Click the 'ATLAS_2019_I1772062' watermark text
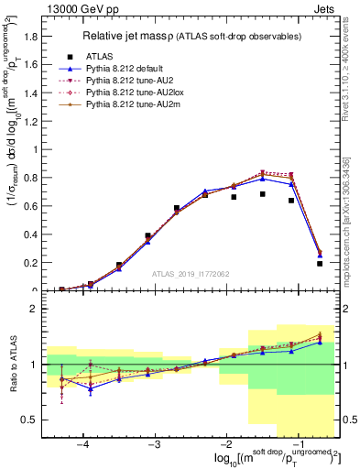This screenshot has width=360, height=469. [x=191, y=272]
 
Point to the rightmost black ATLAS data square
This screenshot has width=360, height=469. [x=320, y=264]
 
